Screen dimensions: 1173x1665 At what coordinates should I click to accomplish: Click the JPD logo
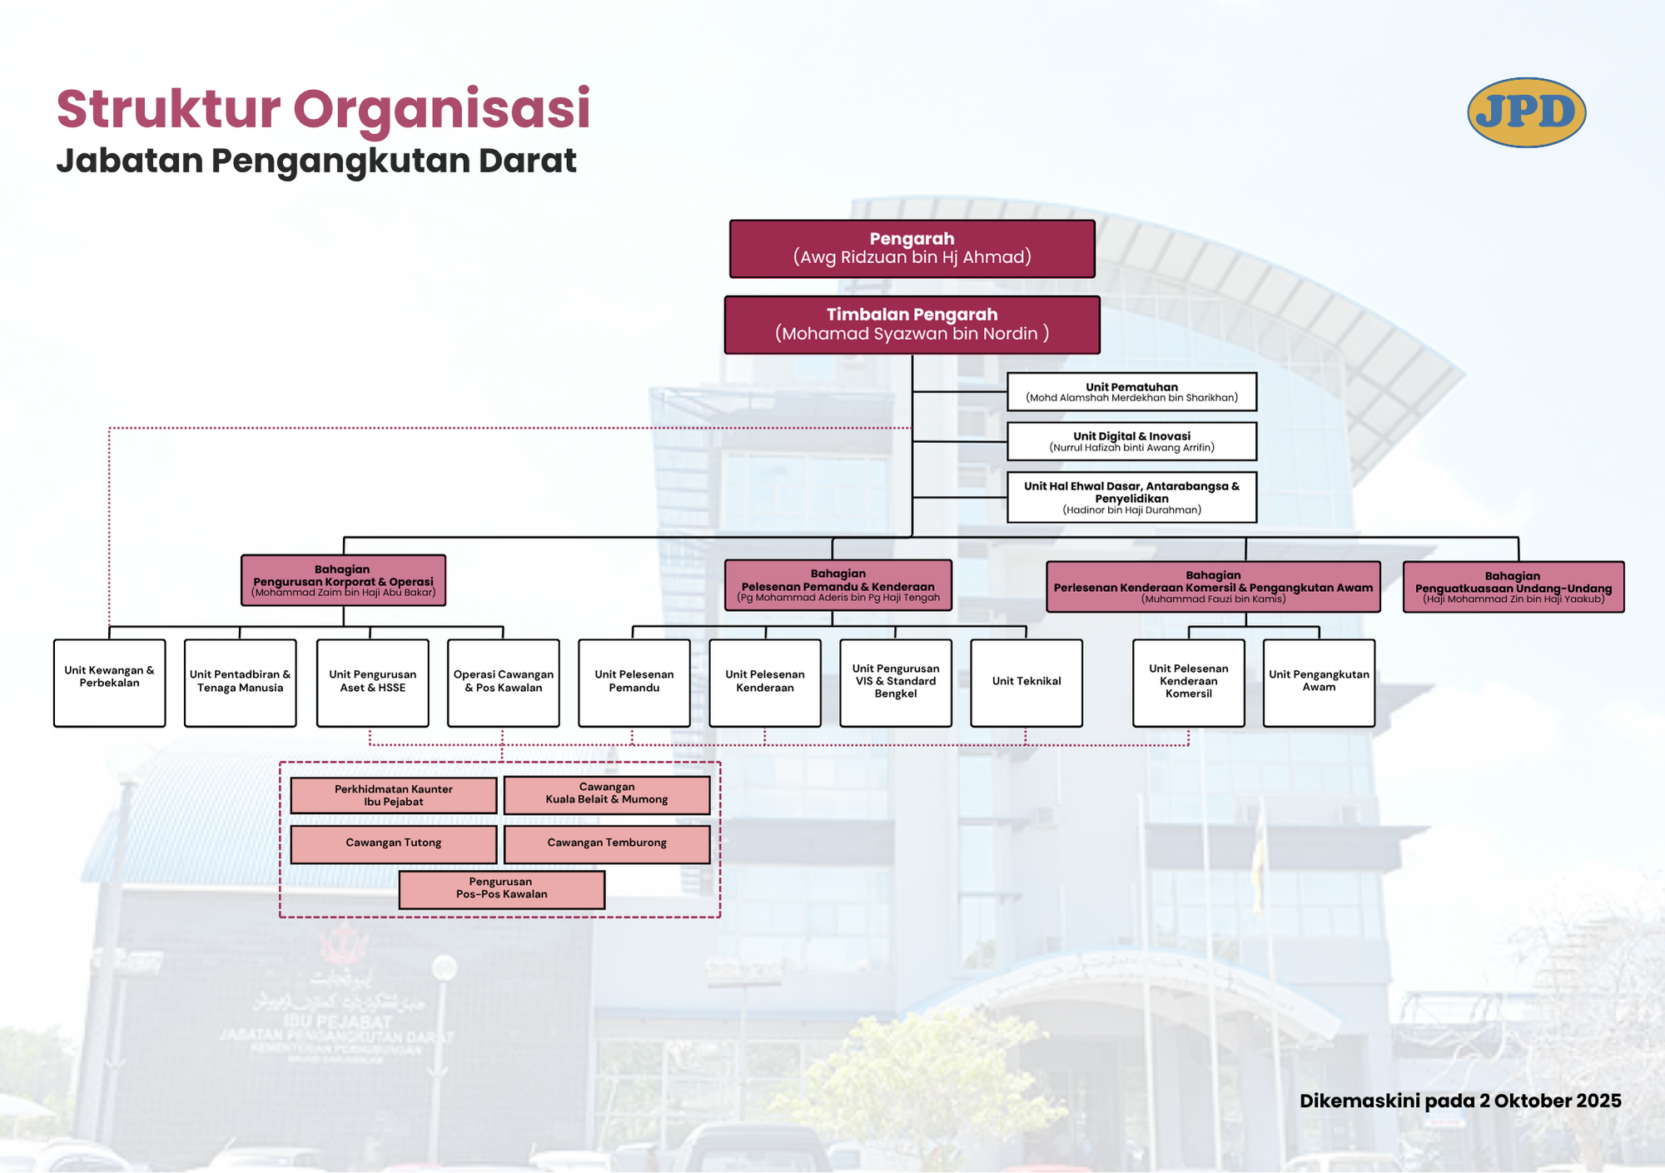pyautogui.click(x=1526, y=112)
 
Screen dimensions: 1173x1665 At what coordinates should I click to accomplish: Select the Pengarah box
pyautogui.click(x=912, y=248)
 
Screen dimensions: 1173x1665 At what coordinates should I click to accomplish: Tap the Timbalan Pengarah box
pyautogui.click(x=912, y=325)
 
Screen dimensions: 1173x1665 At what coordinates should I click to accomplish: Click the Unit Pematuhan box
pyautogui.click(x=1131, y=391)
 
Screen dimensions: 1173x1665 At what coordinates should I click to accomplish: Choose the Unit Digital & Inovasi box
pyautogui.click(x=1131, y=441)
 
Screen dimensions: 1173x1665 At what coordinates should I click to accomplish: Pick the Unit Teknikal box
pyautogui.click(x=1026, y=682)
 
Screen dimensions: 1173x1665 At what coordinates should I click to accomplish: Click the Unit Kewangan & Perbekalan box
pyautogui.click(x=109, y=682)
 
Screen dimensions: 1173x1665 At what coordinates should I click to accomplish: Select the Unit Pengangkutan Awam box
pyautogui.click(x=1319, y=682)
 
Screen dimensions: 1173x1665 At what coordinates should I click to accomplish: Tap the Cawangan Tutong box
pyautogui.click(x=393, y=843)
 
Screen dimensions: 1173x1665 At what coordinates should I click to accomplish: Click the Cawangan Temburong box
pyautogui.click(x=607, y=843)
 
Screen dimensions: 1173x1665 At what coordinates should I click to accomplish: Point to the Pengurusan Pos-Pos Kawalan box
pyautogui.click(x=501, y=889)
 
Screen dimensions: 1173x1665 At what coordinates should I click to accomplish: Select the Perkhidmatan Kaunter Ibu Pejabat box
pyautogui.click(x=393, y=795)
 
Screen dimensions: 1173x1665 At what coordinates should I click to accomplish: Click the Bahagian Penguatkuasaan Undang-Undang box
pyautogui.click(x=1513, y=587)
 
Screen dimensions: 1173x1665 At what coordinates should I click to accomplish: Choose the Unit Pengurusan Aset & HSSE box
pyautogui.click(x=372, y=682)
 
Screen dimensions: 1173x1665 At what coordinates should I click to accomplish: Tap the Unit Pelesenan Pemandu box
pyautogui.click(x=634, y=682)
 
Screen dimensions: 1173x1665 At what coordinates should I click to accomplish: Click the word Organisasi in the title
pyautogui.click(x=441, y=109)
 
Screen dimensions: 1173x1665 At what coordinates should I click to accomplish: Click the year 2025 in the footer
pyautogui.click(x=1598, y=1101)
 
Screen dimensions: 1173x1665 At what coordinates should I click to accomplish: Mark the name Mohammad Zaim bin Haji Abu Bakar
pyautogui.click(x=343, y=593)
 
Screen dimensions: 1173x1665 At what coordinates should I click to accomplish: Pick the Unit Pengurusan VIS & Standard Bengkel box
pyautogui.click(x=895, y=682)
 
